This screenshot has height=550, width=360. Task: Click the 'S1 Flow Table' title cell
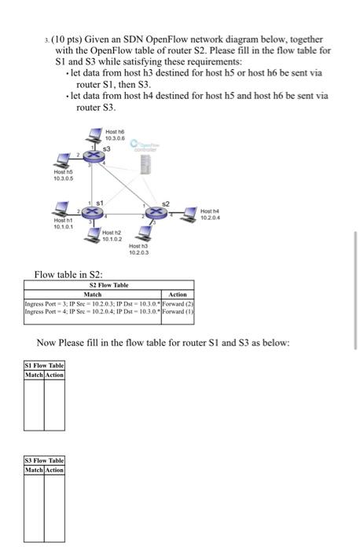[44, 365]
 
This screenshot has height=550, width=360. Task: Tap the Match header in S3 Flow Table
[33, 470]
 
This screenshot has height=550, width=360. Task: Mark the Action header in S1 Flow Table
[54, 375]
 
